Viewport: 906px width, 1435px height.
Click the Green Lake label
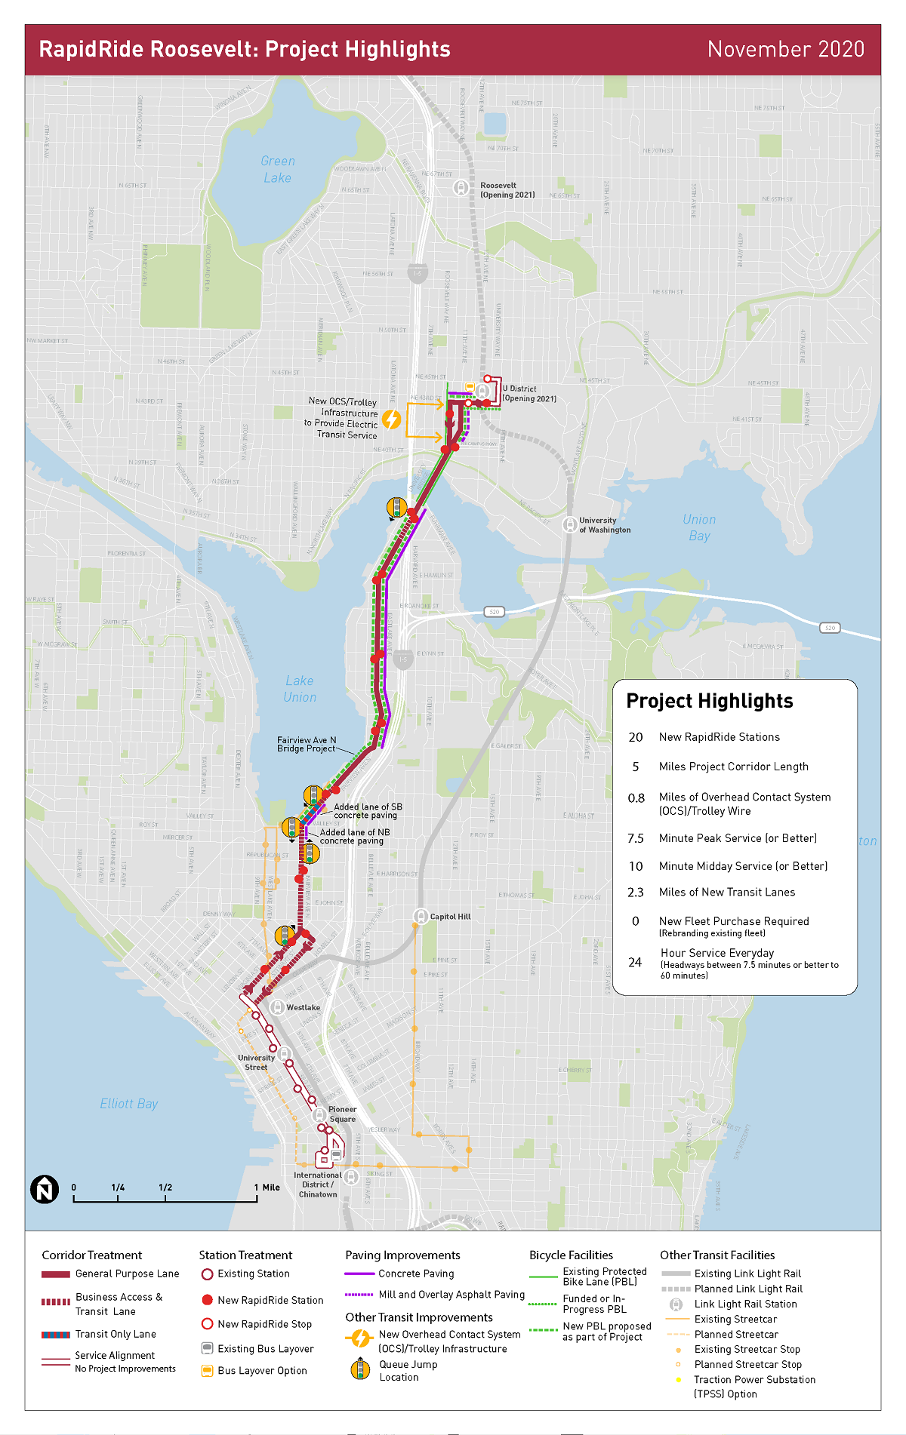[278, 170]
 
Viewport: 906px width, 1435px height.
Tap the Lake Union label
[300, 689]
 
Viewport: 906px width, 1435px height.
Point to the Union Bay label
[699, 527]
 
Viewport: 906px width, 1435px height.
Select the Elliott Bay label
[129, 1104]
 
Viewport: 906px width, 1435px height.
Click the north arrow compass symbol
[45, 1190]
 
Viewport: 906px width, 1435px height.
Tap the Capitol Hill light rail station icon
[421, 916]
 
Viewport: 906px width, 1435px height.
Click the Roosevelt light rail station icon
[461, 187]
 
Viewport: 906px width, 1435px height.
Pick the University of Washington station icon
[570, 524]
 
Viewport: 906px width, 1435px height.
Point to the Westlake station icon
[278, 1007]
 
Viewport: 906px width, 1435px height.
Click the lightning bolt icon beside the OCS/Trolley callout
[391, 419]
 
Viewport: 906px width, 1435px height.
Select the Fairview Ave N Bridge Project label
[307, 744]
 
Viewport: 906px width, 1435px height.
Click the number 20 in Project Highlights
[636, 737]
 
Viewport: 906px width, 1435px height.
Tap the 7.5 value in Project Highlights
[636, 838]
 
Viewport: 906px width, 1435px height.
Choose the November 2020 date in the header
[785, 50]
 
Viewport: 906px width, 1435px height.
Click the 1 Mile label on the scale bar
[267, 1188]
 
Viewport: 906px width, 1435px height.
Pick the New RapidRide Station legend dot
[207, 1300]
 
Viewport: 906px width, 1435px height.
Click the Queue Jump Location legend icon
[361, 1369]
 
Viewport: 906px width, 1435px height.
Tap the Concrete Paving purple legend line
[359, 1274]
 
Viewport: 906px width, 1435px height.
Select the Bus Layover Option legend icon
[207, 1371]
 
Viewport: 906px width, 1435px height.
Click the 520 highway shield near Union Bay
[829, 628]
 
